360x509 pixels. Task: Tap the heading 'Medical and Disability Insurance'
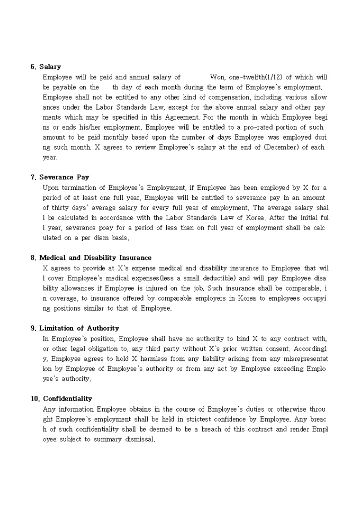coord(95,258)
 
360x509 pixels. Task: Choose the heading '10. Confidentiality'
coord(61,399)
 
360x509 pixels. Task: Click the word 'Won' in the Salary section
coord(218,77)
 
